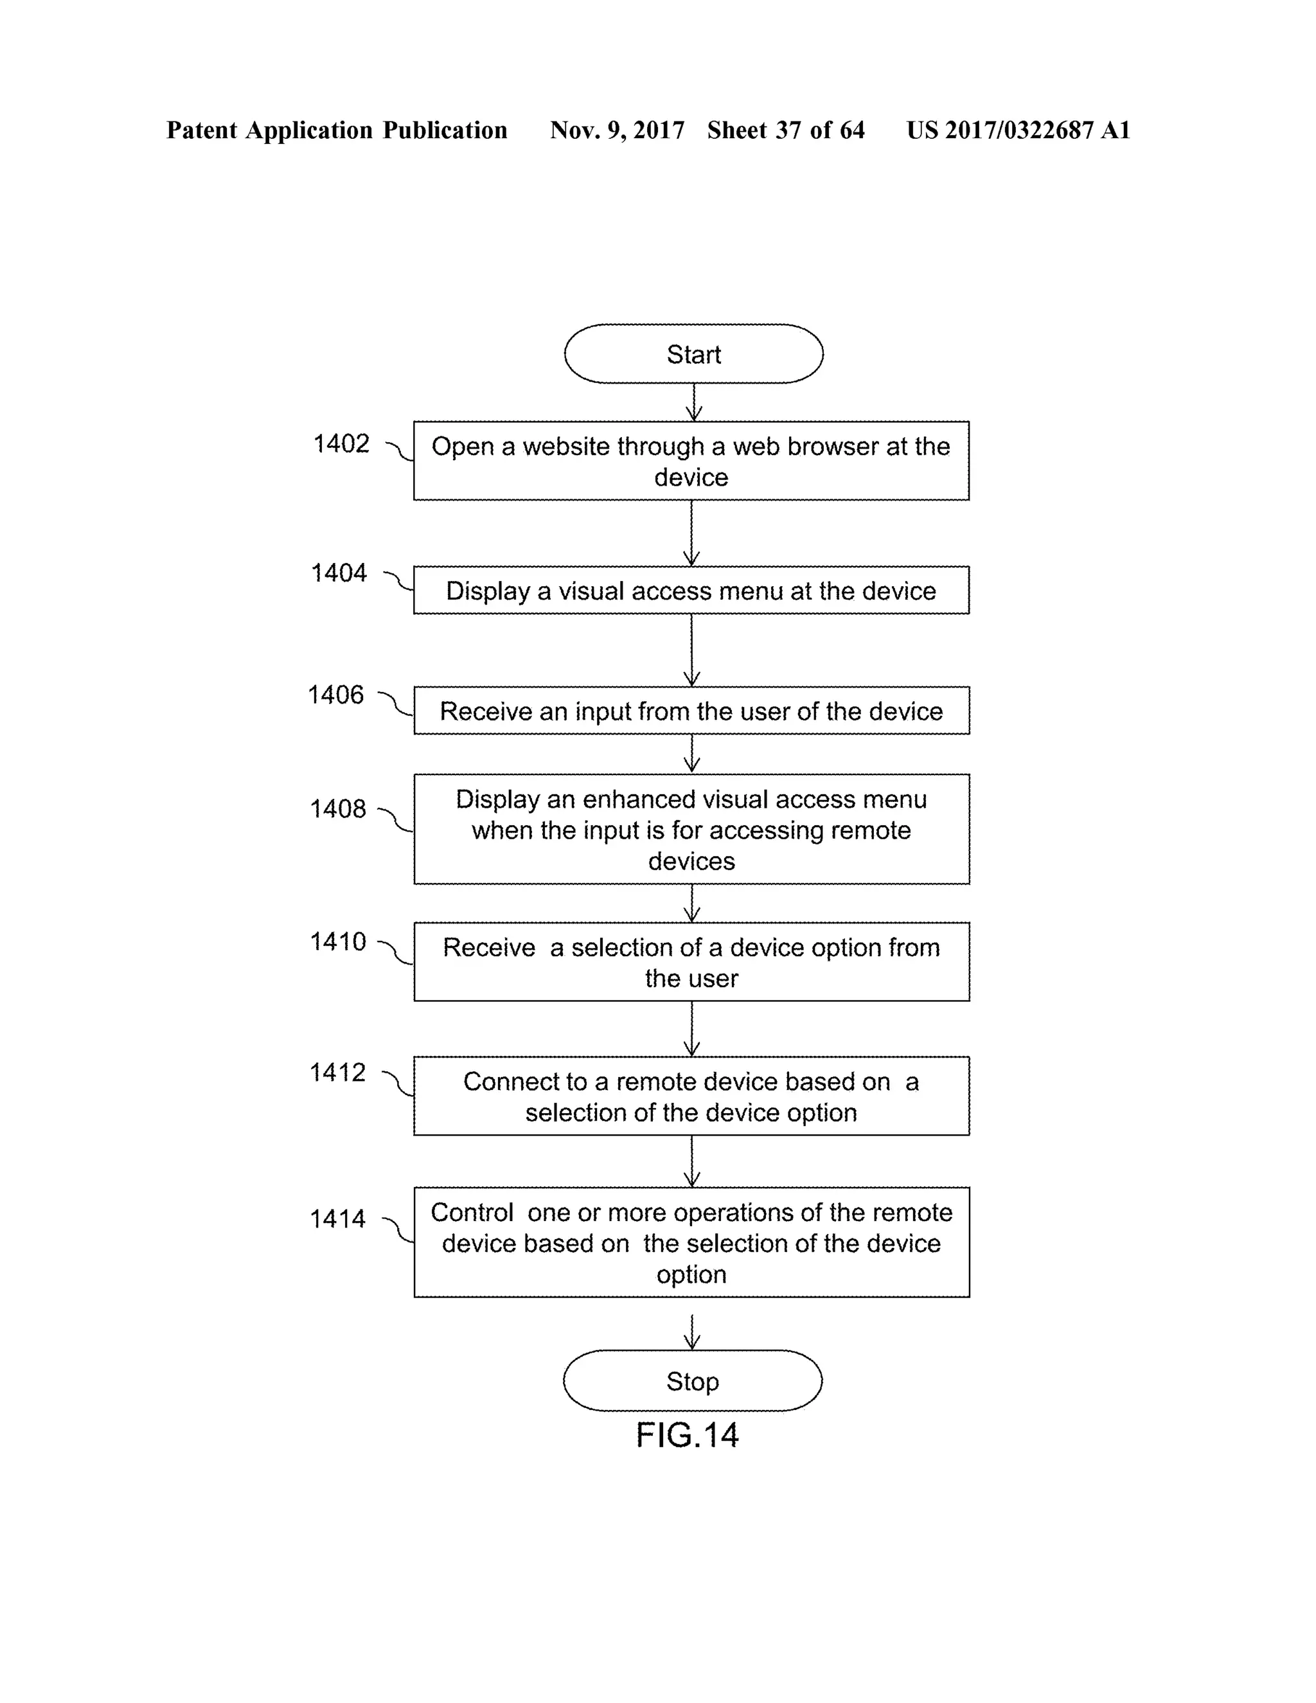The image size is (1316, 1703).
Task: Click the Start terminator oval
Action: [x=693, y=354]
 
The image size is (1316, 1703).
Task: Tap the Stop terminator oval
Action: [x=692, y=1381]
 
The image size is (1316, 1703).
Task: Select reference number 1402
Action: [x=341, y=443]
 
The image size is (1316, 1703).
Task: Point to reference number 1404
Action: [x=339, y=573]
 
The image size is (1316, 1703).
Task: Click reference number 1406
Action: [x=335, y=695]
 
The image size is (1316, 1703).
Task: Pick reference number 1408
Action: [x=337, y=808]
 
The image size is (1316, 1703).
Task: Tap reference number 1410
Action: [x=337, y=941]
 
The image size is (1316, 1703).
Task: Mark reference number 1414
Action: [x=337, y=1218]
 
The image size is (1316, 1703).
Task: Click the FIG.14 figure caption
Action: [x=687, y=1435]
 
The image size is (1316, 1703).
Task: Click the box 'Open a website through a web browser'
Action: [x=691, y=461]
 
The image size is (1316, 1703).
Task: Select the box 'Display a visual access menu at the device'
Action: [x=691, y=591]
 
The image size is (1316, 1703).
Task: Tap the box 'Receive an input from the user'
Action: [x=691, y=710]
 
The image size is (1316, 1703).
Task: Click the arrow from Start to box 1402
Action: [x=693, y=402]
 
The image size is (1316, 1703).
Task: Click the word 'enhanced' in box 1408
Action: [x=639, y=799]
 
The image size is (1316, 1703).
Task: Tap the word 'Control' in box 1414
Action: [x=472, y=1213]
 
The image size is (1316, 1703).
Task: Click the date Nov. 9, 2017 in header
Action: [x=617, y=130]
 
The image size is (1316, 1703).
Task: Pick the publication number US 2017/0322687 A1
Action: [x=1017, y=130]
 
